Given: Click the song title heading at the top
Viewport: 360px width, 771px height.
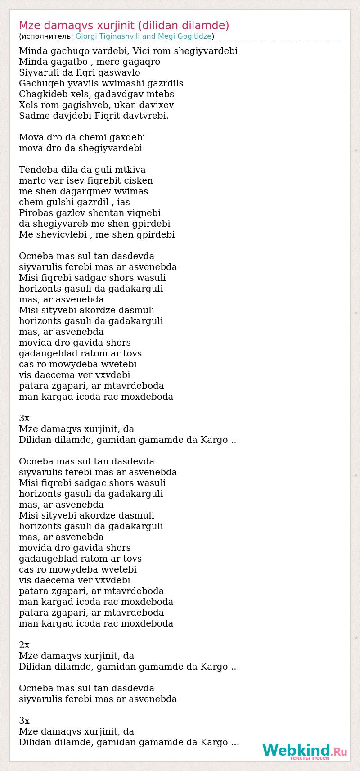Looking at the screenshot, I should pyautogui.click(x=124, y=25).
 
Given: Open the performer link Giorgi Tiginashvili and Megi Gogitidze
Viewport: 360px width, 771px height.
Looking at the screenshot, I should pyautogui.click(x=144, y=36).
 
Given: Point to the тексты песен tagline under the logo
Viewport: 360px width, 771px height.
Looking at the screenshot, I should pyautogui.click(x=310, y=758).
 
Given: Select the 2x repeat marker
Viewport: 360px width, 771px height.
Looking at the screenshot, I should pyautogui.click(x=24, y=645).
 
